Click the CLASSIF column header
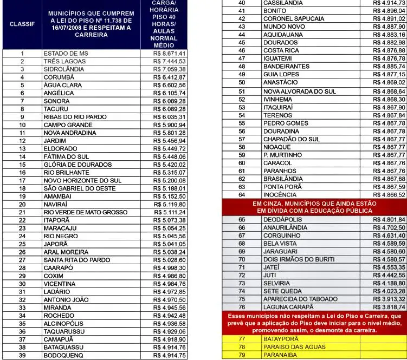[22, 24]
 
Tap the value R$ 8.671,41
[170, 54]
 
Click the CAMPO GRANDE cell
[68, 125]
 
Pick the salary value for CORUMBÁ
[170, 77]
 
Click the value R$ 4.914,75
[170, 355]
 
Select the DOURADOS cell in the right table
[280, 42]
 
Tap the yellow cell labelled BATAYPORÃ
[282, 339]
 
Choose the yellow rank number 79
[242, 355]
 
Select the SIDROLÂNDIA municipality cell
[64, 69]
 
